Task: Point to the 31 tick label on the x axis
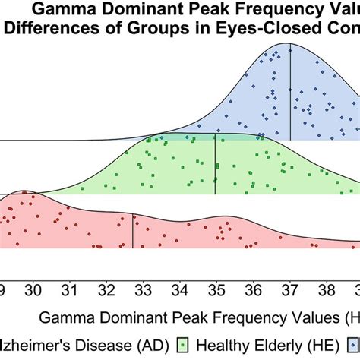[70, 289]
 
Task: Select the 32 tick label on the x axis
[107, 289]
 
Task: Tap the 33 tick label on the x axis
[144, 289]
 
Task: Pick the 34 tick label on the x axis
[180, 289]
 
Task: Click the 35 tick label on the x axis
[216, 289]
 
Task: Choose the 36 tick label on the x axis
[254, 289]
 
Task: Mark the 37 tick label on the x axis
[290, 289]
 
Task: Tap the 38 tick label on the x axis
[327, 289]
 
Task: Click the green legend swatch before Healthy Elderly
[189, 343]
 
